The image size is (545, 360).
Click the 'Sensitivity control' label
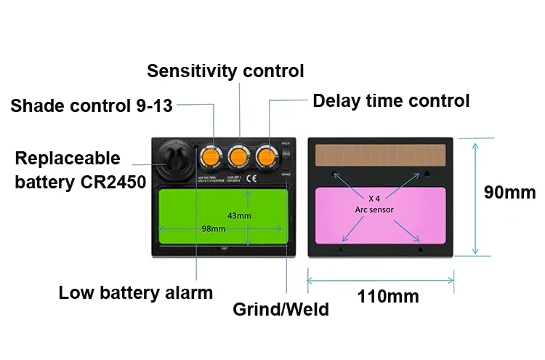[x=225, y=71]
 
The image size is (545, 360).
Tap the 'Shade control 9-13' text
[x=92, y=106]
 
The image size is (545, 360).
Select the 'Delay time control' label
[x=391, y=100]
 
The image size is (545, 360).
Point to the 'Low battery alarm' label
[x=136, y=293]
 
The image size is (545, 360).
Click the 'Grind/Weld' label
[x=280, y=309]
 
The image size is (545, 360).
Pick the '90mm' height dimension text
[x=510, y=193]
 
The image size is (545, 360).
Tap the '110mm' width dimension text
[x=388, y=296]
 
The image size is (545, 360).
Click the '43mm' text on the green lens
[x=239, y=216]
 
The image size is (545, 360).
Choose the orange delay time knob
[x=267, y=155]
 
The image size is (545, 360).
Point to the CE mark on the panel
[x=249, y=177]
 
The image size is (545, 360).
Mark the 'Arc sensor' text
[x=374, y=209]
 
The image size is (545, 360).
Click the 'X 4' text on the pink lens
[x=375, y=197]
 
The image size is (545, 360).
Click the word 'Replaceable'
[x=68, y=159]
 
